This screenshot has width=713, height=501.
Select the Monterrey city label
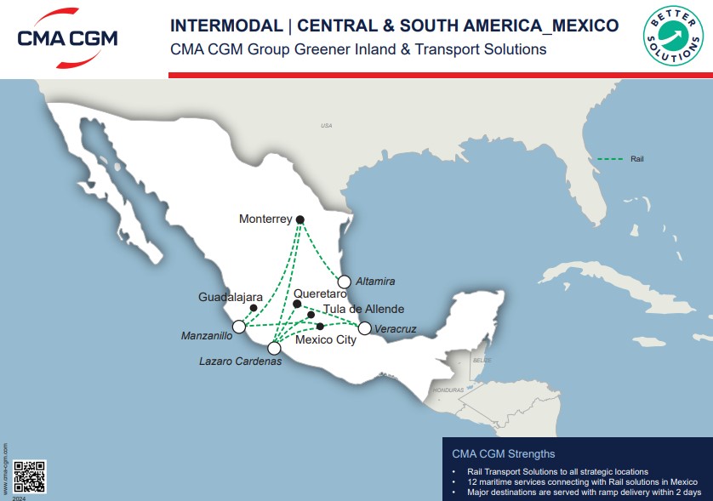[265, 219]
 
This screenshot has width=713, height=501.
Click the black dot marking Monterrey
[300, 219]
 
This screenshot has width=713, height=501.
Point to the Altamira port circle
[345, 282]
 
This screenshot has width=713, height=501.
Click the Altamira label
[375, 282]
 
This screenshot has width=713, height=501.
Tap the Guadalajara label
[230, 298]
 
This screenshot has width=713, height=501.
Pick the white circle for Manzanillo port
[239, 327]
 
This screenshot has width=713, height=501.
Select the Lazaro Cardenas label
[240, 362]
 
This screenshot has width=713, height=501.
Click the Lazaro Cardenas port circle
[274, 347]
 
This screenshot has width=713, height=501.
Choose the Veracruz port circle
[364, 328]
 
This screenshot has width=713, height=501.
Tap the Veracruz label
[396, 328]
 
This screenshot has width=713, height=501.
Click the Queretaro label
[320, 293]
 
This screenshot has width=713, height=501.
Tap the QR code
[30, 477]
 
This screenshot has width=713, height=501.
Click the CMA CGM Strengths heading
[504, 453]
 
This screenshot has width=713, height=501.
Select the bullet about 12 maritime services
[582, 481]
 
